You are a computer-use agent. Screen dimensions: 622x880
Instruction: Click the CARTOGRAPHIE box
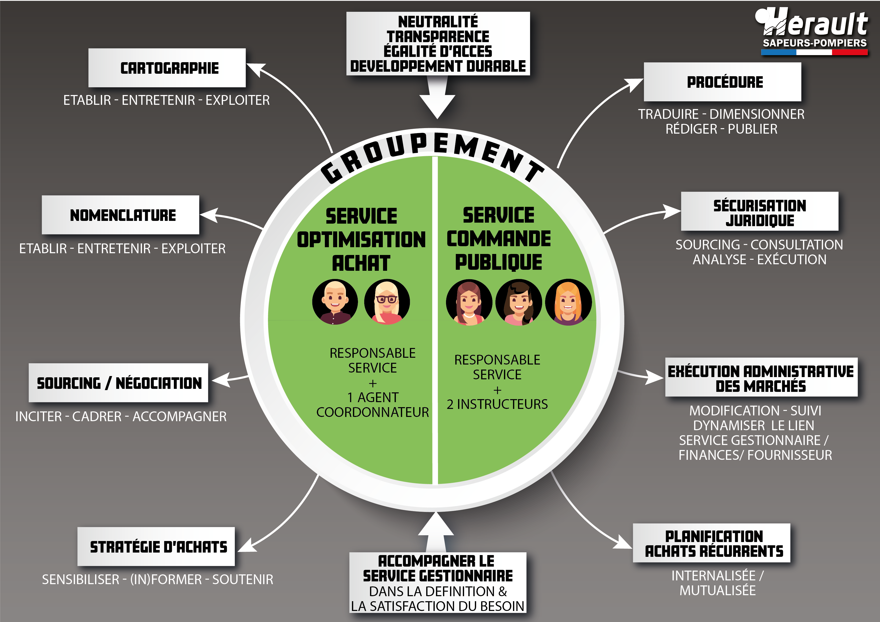pos(167,68)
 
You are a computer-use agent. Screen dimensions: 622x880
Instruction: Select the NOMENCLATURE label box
pos(121,215)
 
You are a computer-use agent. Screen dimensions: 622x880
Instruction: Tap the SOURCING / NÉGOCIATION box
pos(118,383)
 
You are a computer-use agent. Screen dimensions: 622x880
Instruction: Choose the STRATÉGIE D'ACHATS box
pos(156,547)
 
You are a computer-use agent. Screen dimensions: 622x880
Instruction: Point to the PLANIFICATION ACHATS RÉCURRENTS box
pos(712,543)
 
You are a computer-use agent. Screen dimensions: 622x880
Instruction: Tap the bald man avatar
pos(335,302)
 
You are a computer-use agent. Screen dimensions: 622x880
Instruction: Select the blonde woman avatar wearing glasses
pos(387,302)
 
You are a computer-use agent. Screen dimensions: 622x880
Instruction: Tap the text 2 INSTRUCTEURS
pos(497,404)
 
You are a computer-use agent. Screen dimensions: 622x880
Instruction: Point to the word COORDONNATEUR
pos(373,412)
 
